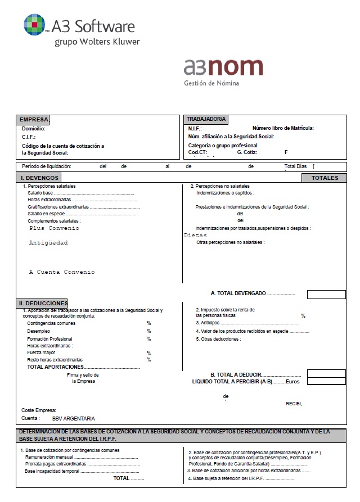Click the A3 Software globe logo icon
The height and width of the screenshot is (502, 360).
[x=35, y=24]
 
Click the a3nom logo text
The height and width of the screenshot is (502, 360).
[x=223, y=67]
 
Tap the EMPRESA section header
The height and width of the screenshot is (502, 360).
[x=34, y=120]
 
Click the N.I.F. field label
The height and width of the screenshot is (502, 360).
[x=195, y=129]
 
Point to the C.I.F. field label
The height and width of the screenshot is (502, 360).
[x=29, y=137]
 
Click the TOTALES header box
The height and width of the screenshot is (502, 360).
[x=325, y=178]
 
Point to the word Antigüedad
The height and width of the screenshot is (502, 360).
[x=48, y=243]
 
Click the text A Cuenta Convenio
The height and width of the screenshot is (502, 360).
[x=62, y=272]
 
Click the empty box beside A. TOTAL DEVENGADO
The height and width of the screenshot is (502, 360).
[x=326, y=294]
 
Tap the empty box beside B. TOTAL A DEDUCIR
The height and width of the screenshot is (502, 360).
[x=326, y=373]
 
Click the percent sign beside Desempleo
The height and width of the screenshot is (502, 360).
[x=149, y=331]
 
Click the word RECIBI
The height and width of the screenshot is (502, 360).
[x=294, y=404]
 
